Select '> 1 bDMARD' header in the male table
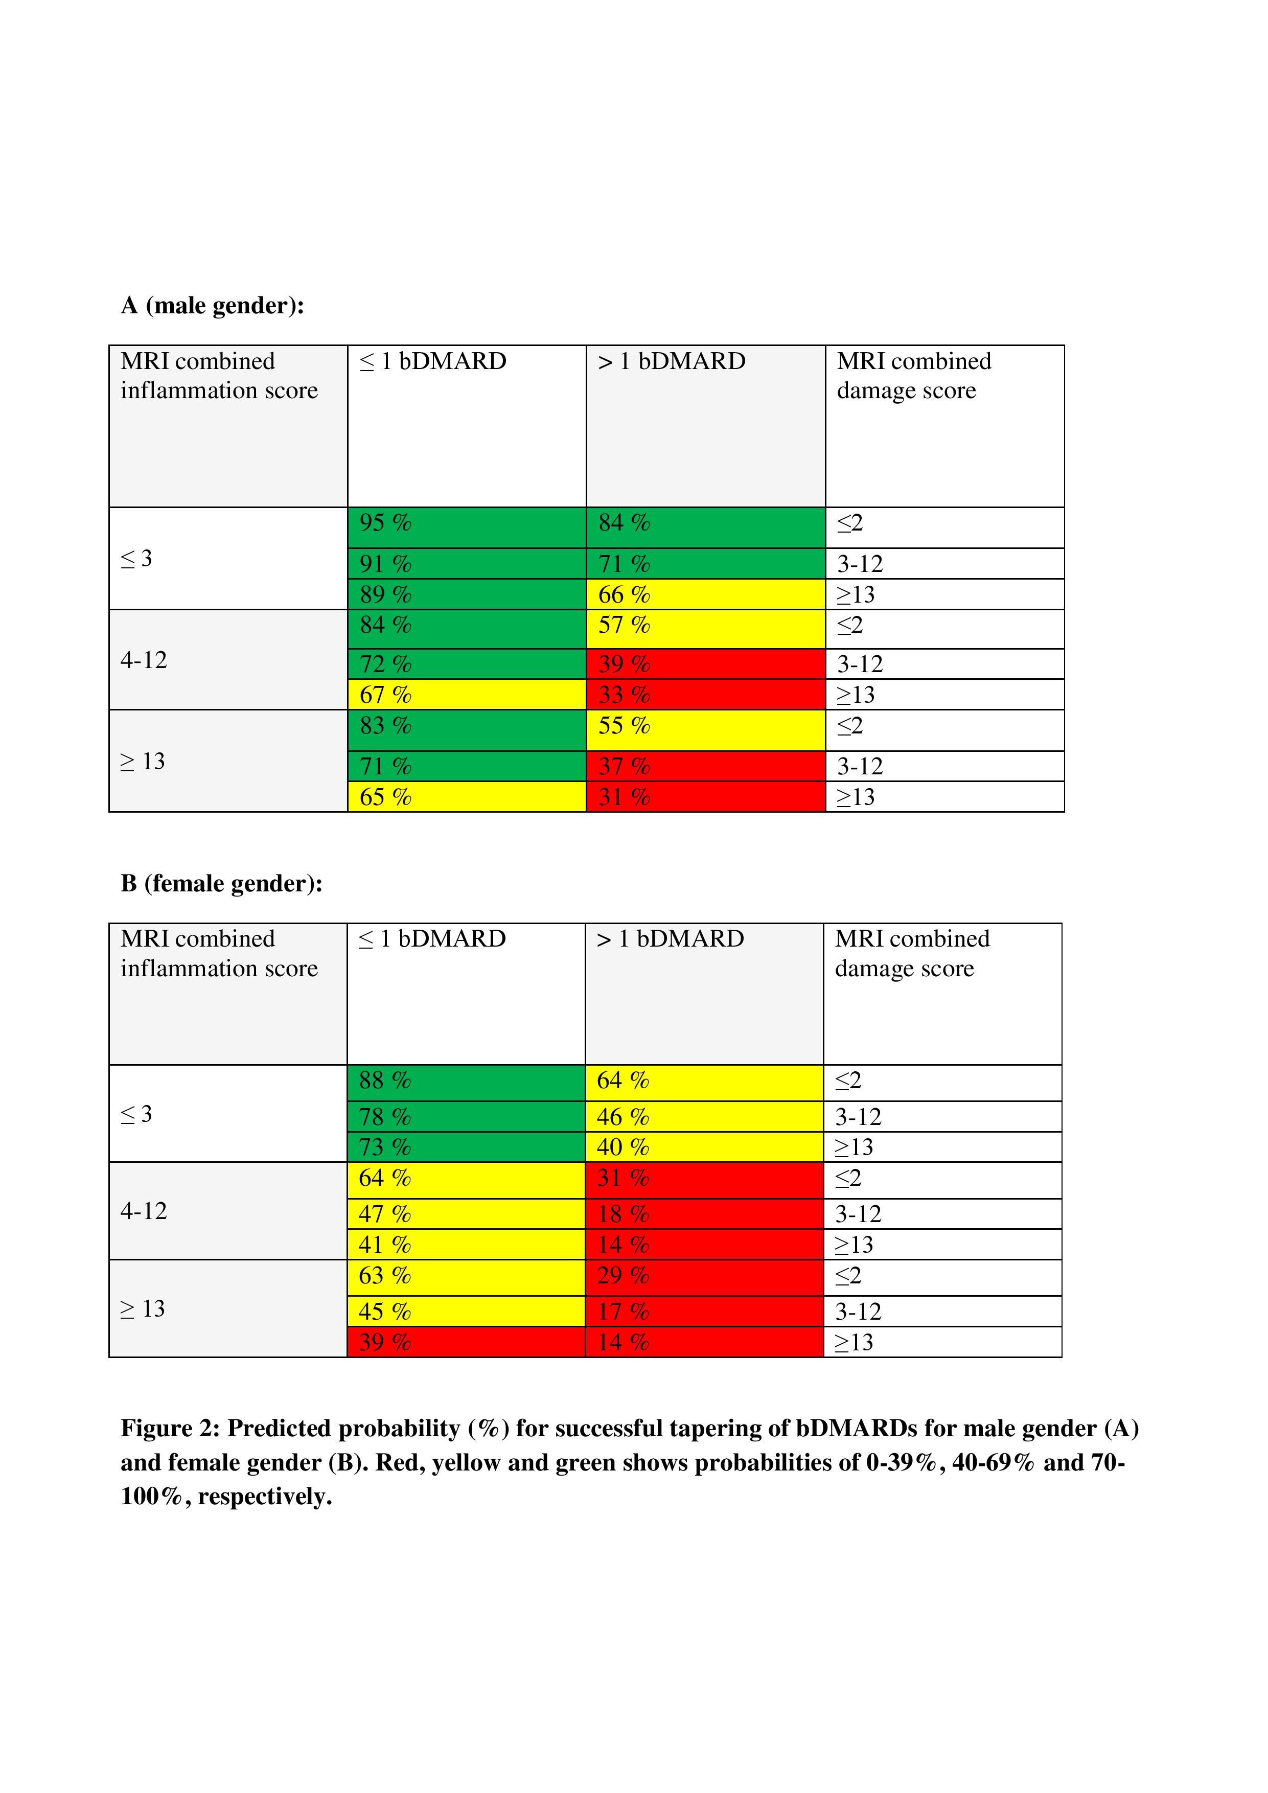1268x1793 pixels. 672,361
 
